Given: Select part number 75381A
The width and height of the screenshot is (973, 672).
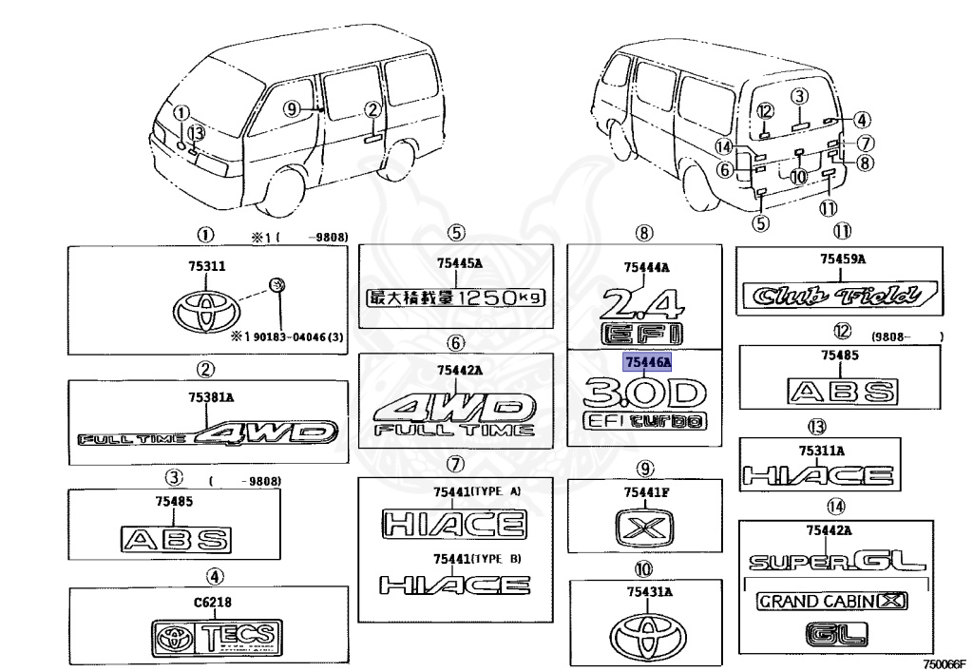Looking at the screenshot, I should tap(205, 400).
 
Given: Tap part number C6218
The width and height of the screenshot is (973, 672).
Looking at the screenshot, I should tap(214, 602).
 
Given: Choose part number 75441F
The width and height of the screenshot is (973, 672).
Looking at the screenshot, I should tap(646, 492).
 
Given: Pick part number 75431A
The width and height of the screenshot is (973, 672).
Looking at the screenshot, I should tap(646, 592).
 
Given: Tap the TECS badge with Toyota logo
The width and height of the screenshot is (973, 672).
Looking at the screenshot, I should tap(216, 636).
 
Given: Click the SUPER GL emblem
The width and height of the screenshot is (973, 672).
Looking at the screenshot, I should tap(834, 563).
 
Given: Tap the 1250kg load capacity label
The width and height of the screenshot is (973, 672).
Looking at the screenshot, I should tap(456, 298).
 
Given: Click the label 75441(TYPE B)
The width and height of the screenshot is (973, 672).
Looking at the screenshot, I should tap(476, 558).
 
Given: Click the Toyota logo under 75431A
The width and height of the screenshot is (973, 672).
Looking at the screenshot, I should tap(646, 628).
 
